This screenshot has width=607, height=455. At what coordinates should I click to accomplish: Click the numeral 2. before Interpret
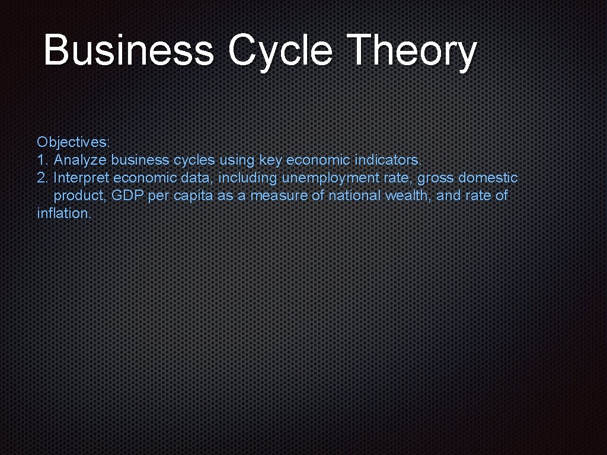(43, 178)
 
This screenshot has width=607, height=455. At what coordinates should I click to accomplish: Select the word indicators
(389, 160)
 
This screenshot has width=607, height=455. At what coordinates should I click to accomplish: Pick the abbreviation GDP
(128, 196)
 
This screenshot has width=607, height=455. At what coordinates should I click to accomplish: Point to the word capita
(193, 196)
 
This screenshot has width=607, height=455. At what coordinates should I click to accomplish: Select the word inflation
(64, 213)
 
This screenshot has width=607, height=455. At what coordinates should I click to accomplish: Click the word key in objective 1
(270, 160)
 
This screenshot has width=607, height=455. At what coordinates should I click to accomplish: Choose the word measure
(274, 196)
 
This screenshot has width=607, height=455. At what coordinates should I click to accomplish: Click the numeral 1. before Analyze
(43, 160)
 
